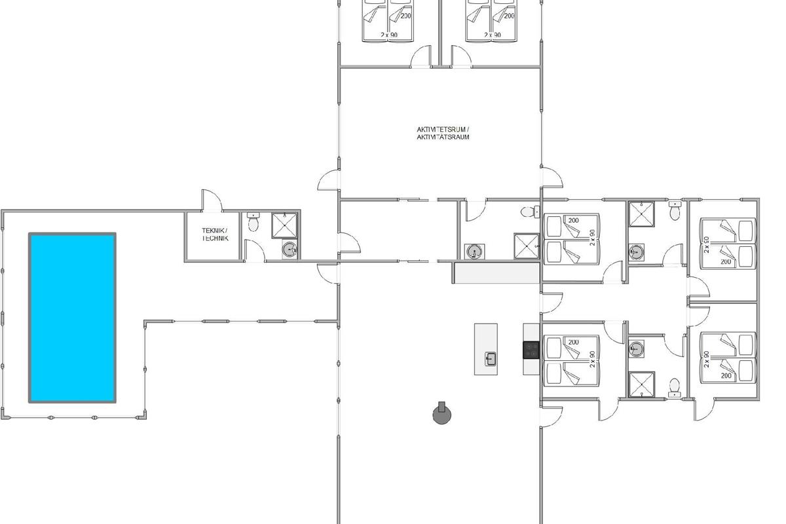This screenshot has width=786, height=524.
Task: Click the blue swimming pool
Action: click(x=72, y=318)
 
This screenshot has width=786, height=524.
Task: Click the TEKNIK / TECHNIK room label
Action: click(x=215, y=234)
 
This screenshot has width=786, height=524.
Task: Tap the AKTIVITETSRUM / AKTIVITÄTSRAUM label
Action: click(x=443, y=134)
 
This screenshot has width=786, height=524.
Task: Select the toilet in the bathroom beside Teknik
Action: click(x=253, y=222)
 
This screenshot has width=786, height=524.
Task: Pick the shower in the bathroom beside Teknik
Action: click(x=284, y=225)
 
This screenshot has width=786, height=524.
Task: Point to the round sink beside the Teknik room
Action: click(x=290, y=249)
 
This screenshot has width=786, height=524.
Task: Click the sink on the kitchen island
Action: click(x=491, y=359)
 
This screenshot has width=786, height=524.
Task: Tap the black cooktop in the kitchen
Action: click(x=531, y=350)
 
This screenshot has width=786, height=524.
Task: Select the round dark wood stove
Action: click(x=441, y=413)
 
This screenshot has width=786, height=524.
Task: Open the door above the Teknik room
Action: click(x=212, y=201)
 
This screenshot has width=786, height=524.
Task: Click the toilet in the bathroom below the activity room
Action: click(x=530, y=212)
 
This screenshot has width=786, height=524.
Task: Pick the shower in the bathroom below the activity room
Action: click(x=527, y=246)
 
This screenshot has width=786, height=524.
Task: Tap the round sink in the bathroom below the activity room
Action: click(x=474, y=252)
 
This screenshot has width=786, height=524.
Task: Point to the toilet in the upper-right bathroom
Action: click(x=675, y=211)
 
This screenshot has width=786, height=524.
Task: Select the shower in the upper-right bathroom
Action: click(x=641, y=214)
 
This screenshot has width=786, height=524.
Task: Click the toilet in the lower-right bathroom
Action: click(x=675, y=388)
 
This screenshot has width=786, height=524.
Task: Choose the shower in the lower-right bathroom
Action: click(x=642, y=384)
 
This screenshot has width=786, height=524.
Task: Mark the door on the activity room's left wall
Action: click(x=329, y=180)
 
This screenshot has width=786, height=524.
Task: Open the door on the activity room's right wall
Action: click(x=552, y=178)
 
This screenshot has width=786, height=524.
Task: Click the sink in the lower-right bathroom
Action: click(x=636, y=349)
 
